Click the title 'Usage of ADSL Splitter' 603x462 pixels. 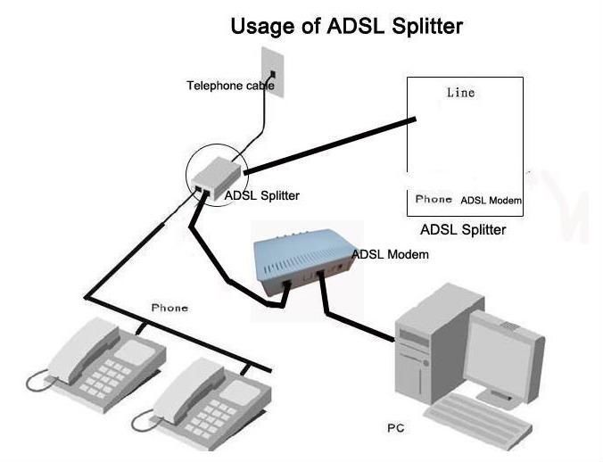tap(346, 26)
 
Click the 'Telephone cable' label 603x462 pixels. tap(229, 86)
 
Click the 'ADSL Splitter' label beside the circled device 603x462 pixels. tap(261, 195)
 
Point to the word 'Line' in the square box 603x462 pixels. tap(460, 93)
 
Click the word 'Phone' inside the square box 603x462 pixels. tap(434, 200)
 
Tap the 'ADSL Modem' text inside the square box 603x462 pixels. tap(491, 201)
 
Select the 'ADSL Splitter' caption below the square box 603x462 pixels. tap(463, 229)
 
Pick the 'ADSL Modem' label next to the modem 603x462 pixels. tap(390, 254)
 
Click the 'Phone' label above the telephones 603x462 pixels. tap(169, 308)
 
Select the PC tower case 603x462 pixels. tap(428, 348)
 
